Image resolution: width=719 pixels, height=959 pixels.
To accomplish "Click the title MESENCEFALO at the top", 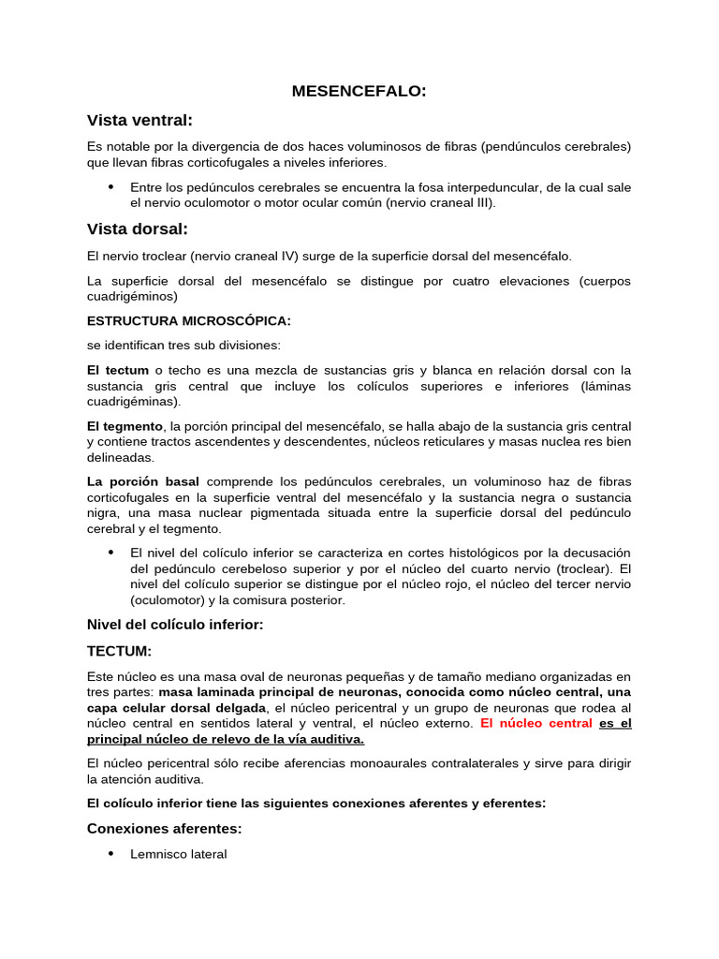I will click(x=359, y=91).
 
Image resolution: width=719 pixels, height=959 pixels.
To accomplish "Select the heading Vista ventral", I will click(x=139, y=120).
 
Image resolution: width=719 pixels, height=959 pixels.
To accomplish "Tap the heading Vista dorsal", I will click(x=138, y=229).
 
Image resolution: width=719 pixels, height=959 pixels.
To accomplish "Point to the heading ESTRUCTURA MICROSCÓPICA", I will click(x=188, y=320).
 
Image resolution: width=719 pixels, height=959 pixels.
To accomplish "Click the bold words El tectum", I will click(x=118, y=370).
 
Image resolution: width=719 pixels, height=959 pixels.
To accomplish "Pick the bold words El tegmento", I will click(x=125, y=425).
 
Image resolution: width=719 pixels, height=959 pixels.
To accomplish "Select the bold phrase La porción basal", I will click(x=142, y=481).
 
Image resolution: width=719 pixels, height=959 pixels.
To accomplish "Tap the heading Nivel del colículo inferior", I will click(x=175, y=625).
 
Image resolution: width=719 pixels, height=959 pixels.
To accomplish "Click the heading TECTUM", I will click(x=119, y=651).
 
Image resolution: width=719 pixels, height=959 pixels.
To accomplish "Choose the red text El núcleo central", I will click(x=536, y=723).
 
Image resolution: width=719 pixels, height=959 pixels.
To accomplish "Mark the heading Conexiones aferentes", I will click(x=164, y=827).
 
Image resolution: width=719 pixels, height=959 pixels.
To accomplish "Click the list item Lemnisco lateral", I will click(x=179, y=854).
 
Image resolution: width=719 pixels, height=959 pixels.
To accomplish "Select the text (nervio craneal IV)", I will click(x=228, y=256).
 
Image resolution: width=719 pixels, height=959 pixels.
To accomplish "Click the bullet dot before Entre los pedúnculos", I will click(x=111, y=186).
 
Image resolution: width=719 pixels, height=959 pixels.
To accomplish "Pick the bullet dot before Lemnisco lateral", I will click(x=111, y=853).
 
